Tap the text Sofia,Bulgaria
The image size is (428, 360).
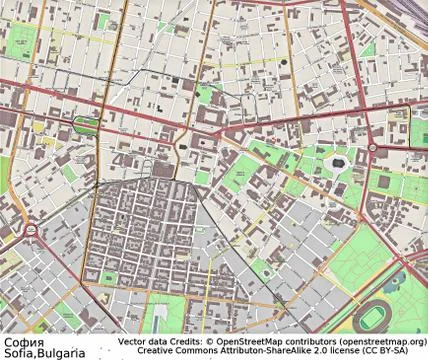click(x=42, y=352)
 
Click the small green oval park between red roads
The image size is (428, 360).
click(x=87, y=125)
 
